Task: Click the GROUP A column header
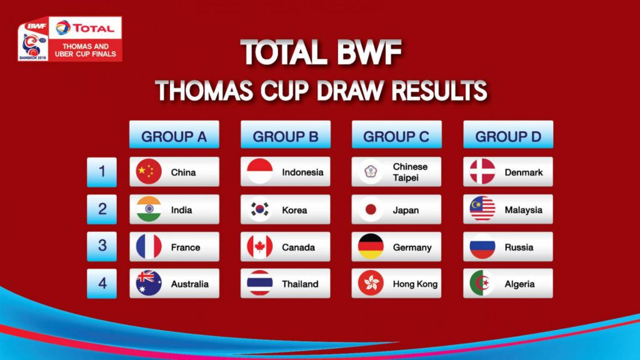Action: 174,134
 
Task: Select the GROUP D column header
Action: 508,134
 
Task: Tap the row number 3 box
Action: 102,246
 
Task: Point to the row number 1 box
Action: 102,172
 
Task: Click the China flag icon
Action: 149,171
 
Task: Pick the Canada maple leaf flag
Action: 259,246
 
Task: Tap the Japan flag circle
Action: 371,209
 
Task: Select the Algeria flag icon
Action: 482,283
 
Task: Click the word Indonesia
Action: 302,172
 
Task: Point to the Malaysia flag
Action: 482,209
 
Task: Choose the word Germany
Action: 412,247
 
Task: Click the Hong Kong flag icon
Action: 371,283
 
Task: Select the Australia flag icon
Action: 149,283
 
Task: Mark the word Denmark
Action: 524,172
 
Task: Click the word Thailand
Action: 300,284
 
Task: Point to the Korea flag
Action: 259,209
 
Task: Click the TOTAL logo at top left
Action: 85,27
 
